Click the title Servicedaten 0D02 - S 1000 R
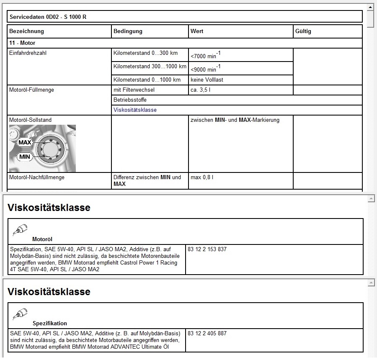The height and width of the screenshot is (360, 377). pos(48,17)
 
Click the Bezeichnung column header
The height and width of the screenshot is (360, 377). pos(26,31)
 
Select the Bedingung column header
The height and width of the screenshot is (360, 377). pos(128,31)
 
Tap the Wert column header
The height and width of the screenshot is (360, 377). pos(197,31)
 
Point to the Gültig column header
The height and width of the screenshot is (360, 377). pos(303,31)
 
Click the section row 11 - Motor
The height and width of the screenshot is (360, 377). pos(22,43)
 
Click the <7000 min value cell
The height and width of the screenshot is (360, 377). pos(206,55)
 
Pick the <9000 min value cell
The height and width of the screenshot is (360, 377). pos(206,69)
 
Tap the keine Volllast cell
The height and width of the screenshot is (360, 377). pos(207,80)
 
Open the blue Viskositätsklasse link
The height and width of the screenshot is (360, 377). pos(135,110)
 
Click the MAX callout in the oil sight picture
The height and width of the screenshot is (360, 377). pos(25,143)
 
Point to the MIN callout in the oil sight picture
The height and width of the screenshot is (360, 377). pos(25,157)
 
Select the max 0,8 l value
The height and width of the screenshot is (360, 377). pos(202,177)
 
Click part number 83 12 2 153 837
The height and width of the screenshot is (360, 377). pos(207,249)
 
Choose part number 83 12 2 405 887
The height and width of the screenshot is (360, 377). pos(207,334)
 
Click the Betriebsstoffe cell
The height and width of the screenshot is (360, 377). pos(130,100)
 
